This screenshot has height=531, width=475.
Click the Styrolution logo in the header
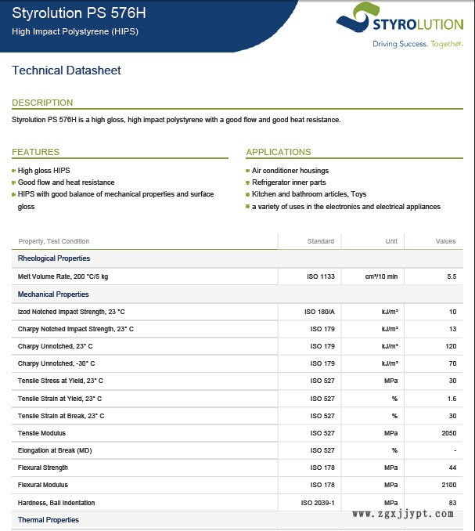(396, 25)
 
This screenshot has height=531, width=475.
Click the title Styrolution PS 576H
(78, 13)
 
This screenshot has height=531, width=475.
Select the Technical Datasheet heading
(67, 70)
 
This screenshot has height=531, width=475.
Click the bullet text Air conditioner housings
(290, 171)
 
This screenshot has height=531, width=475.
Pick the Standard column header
(321, 241)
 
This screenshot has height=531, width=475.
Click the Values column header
(445, 241)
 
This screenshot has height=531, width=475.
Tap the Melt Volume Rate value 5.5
(451, 276)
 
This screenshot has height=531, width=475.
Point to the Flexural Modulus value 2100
(448, 485)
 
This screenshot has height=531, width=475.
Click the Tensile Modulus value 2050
(448, 433)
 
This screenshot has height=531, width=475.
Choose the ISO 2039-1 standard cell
(318, 502)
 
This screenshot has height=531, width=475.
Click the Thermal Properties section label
(49, 520)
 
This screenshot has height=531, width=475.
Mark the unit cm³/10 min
(382, 276)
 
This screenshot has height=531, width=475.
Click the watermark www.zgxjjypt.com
(403, 514)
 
